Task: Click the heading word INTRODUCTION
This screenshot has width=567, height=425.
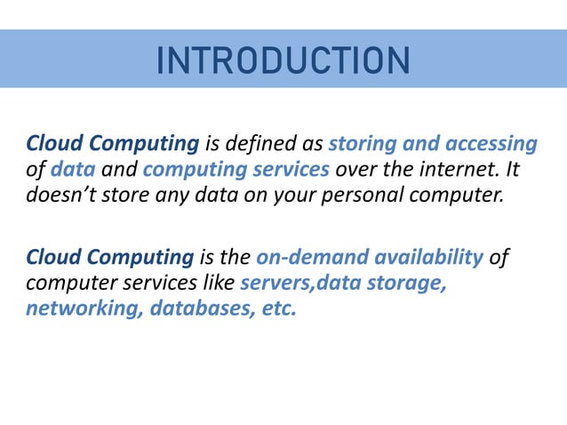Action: (283, 60)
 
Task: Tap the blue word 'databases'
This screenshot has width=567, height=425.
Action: (202, 309)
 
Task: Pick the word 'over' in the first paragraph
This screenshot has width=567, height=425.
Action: (354, 169)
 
